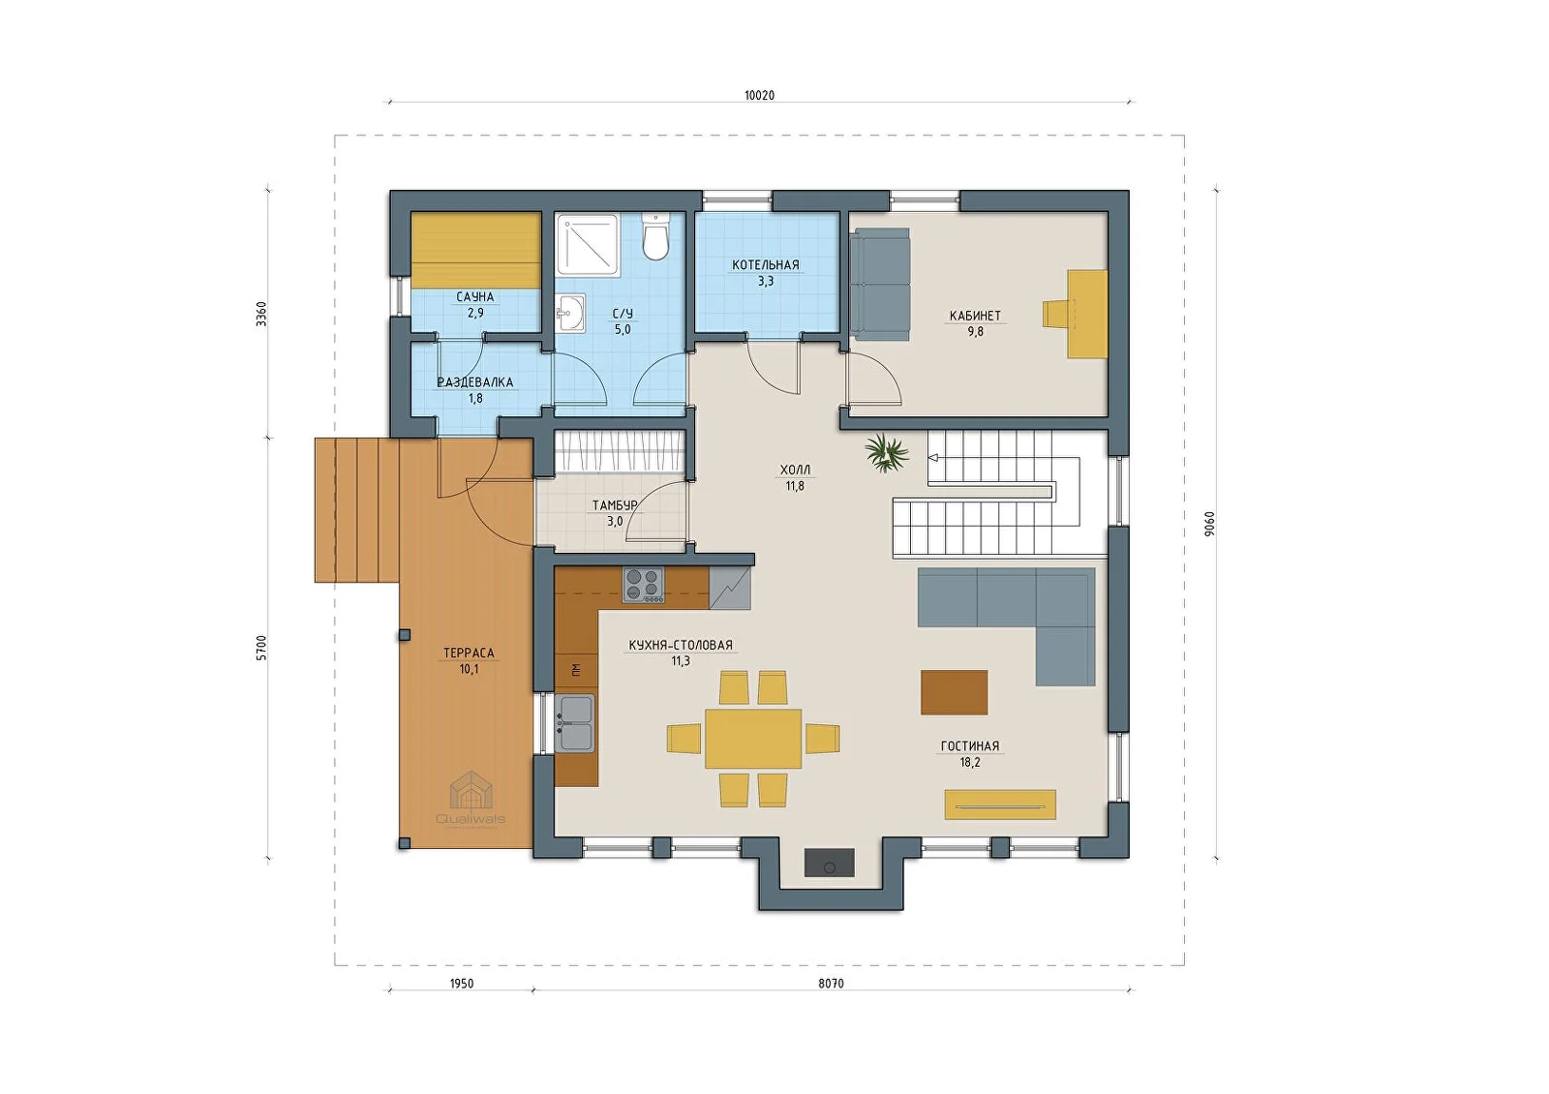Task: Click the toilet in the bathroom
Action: click(654, 236)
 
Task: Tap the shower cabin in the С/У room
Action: click(587, 243)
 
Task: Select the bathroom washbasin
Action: click(570, 315)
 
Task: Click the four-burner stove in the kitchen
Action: click(643, 585)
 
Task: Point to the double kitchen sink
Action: click(575, 723)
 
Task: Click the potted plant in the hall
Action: click(886, 453)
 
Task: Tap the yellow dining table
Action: click(753, 739)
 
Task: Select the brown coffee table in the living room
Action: click(954, 692)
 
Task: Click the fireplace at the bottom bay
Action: click(829, 863)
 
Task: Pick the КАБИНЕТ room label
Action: click(975, 316)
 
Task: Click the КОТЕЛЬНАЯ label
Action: click(766, 265)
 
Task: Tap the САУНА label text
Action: click(475, 296)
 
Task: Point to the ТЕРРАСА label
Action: click(469, 653)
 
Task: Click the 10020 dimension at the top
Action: click(759, 96)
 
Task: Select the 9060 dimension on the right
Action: click(1209, 524)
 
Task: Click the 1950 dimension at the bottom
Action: click(461, 984)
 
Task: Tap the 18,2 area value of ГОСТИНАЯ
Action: click(969, 763)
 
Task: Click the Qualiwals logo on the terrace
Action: click(471, 798)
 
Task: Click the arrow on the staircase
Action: click(933, 457)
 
